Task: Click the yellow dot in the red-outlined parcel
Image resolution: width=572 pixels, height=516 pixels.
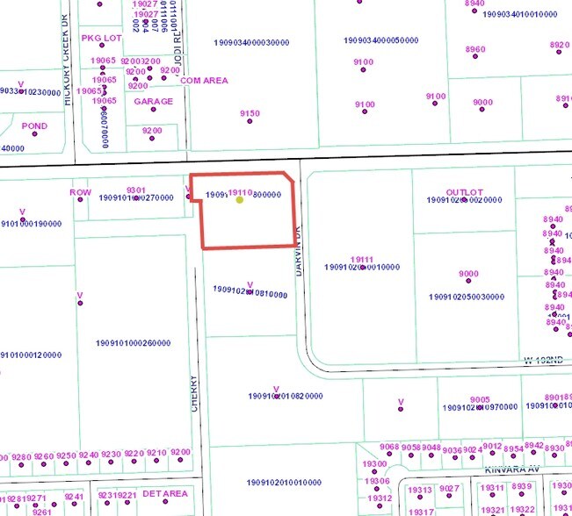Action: [x=240, y=200]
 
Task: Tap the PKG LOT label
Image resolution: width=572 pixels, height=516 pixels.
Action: [x=103, y=39]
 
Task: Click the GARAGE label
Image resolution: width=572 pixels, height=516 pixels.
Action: [x=153, y=102]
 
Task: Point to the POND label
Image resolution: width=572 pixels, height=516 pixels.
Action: [x=34, y=126]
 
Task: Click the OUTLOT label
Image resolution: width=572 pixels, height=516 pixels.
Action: [x=465, y=192]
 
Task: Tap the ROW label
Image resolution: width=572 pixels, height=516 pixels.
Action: [x=80, y=192]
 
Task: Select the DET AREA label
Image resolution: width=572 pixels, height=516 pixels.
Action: [x=165, y=494]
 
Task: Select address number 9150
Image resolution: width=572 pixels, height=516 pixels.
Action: [x=250, y=113]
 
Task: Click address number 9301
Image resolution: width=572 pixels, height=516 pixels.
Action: [x=135, y=190]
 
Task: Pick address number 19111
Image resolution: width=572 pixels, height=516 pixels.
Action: [x=362, y=259]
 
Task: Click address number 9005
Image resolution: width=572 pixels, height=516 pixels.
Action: [x=480, y=399]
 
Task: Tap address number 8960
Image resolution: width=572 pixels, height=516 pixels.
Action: [x=475, y=49]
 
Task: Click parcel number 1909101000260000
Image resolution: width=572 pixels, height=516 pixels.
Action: [x=133, y=343]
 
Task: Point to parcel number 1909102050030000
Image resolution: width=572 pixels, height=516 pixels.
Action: [x=467, y=297]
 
